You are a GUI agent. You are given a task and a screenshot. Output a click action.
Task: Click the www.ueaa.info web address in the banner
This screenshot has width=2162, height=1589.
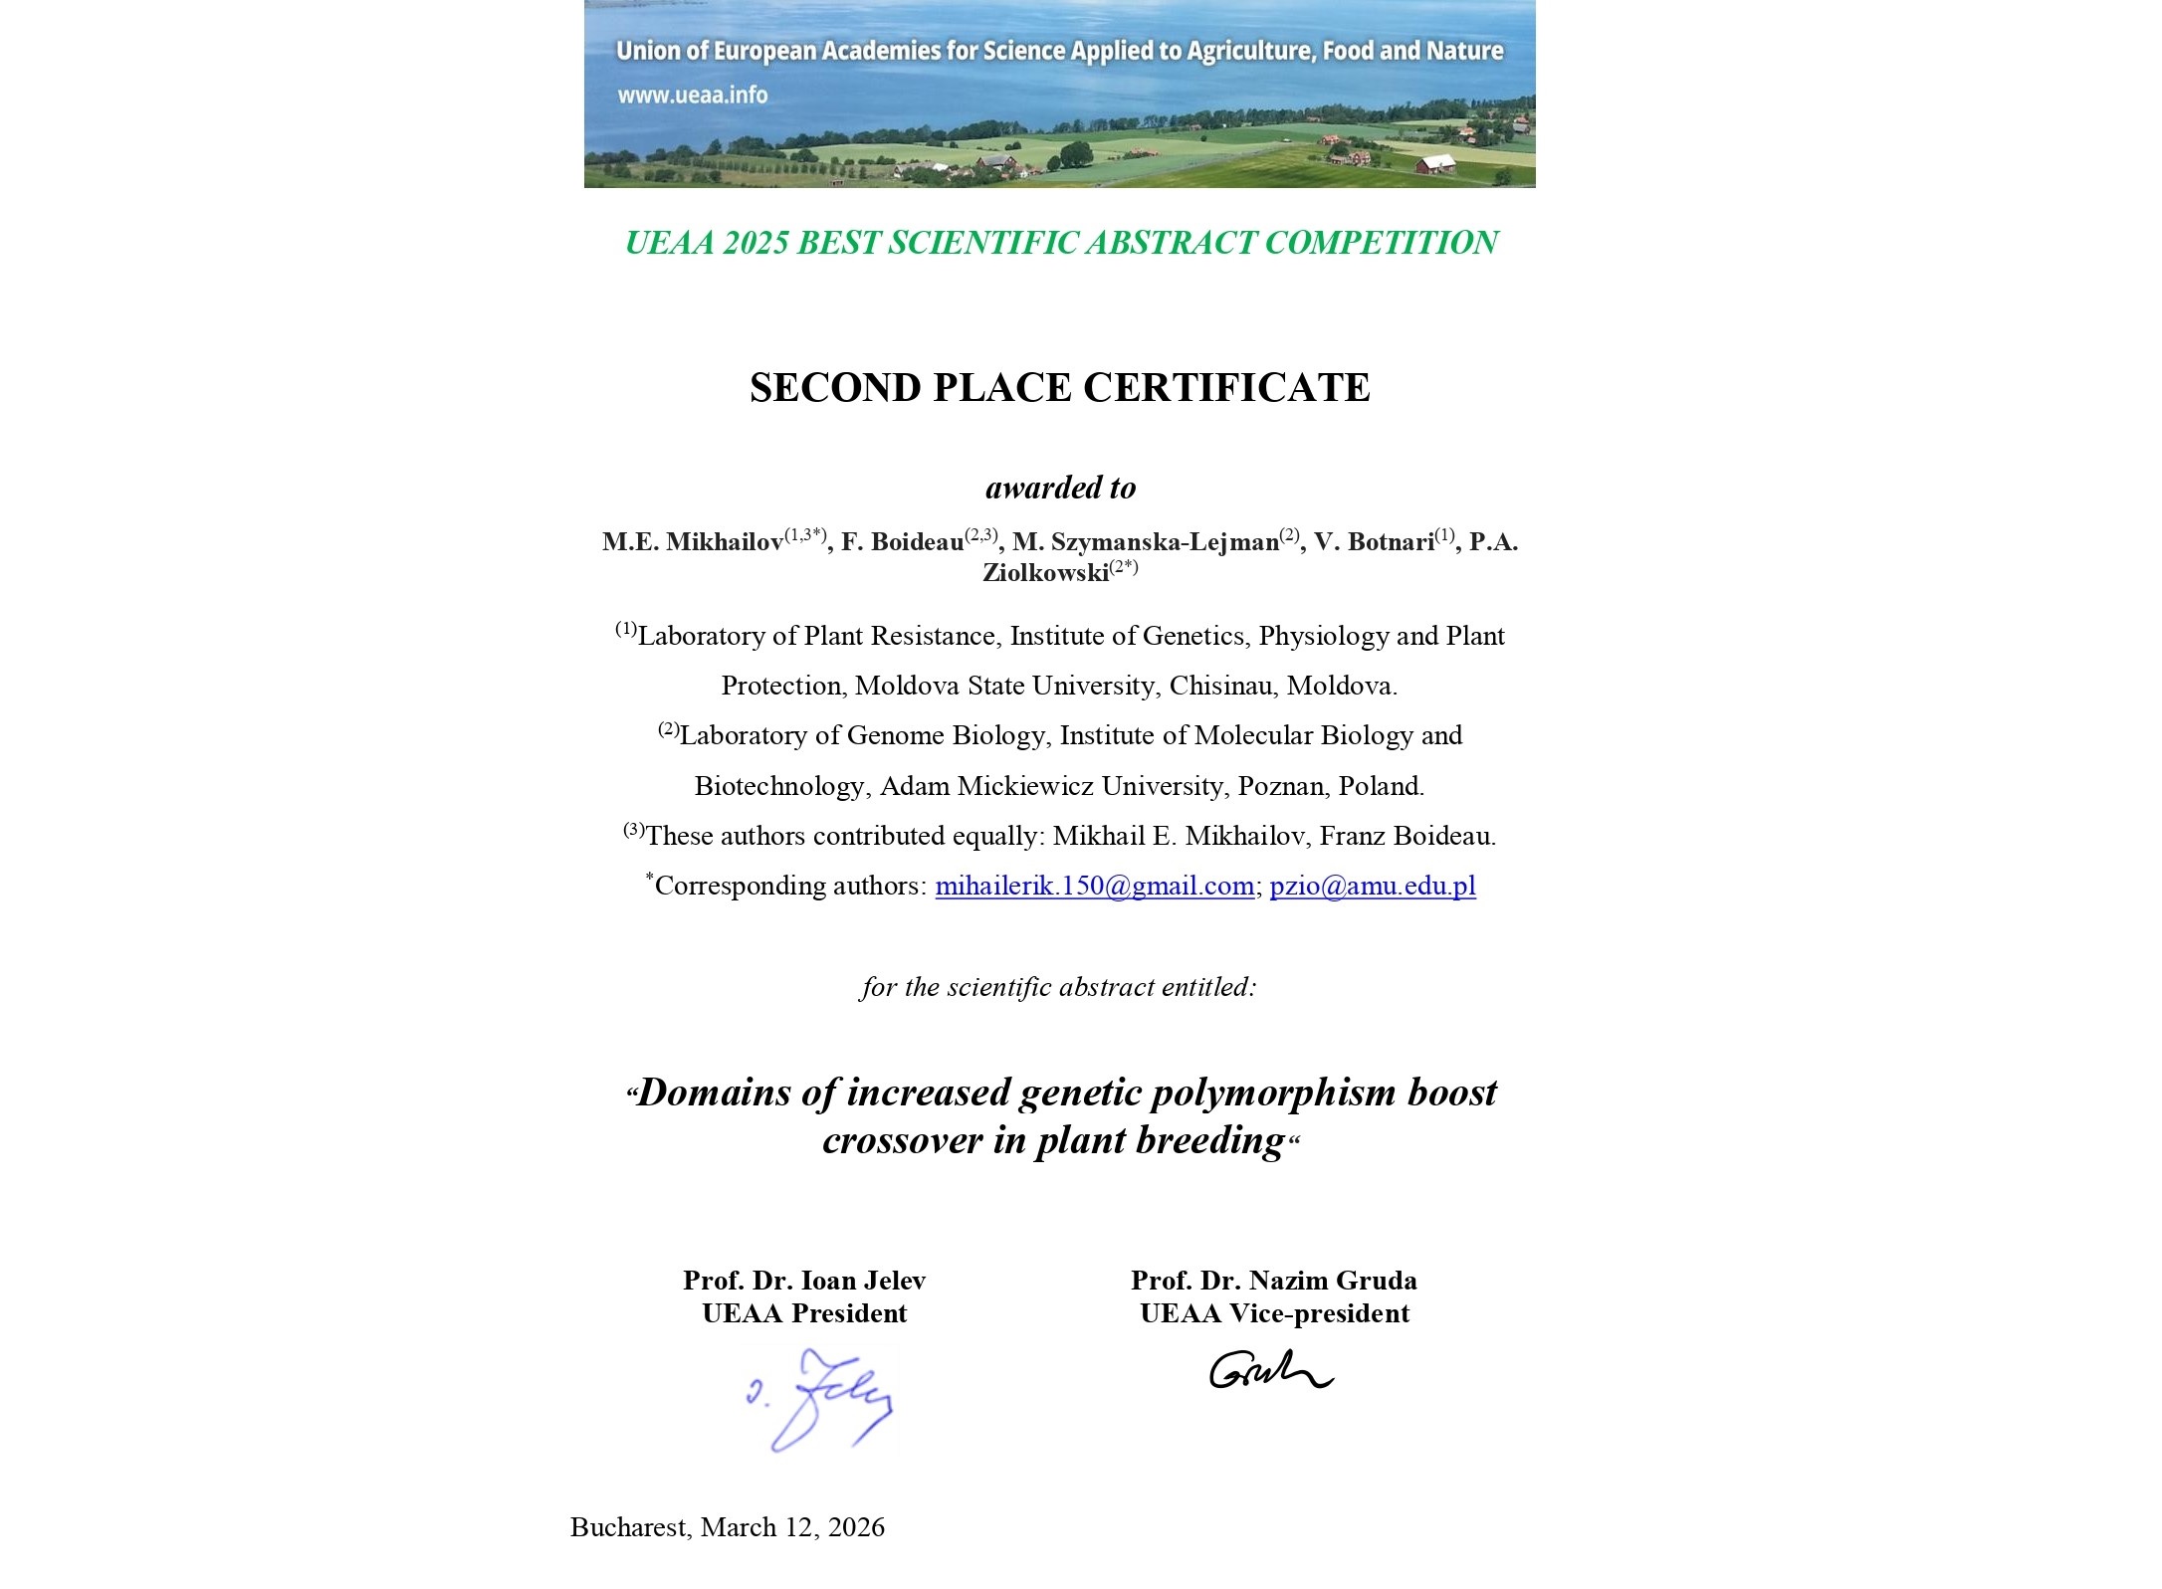[692, 96]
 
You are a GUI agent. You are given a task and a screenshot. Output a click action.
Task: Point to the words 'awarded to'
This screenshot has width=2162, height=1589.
[1060, 488]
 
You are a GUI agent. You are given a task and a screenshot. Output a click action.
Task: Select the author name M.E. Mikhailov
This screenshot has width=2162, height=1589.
[693, 542]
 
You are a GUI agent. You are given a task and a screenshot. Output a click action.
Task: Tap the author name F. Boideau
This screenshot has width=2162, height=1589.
[902, 542]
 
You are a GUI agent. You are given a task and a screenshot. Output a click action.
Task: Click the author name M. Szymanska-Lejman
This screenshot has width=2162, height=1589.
[1145, 542]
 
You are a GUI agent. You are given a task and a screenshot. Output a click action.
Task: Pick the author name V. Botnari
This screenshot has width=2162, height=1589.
[1374, 542]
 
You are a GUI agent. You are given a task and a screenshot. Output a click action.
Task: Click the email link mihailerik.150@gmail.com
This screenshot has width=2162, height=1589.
[1094, 886]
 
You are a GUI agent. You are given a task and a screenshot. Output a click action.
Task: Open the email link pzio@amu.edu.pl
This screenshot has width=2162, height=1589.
[1373, 886]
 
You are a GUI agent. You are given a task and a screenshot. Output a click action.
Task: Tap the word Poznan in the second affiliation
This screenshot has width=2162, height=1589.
[1280, 786]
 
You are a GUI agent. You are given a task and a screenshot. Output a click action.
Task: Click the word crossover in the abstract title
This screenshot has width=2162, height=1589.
[902, 1140]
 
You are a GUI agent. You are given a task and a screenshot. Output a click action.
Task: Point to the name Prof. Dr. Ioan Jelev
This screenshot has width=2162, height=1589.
[804, 1281]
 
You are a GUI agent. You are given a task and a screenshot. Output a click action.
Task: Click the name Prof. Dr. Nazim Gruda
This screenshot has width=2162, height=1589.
[1274, 1281]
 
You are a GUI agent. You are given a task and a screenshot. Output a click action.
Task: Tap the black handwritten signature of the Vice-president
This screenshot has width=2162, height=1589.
[1270, 1371]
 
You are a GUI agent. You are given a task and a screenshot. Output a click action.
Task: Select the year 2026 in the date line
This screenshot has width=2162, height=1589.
[855, 1527]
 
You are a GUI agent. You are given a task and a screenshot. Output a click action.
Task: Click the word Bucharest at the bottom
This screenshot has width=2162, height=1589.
[628, 1527]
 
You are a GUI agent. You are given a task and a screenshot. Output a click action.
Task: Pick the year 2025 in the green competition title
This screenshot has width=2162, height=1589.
[756, 243]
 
